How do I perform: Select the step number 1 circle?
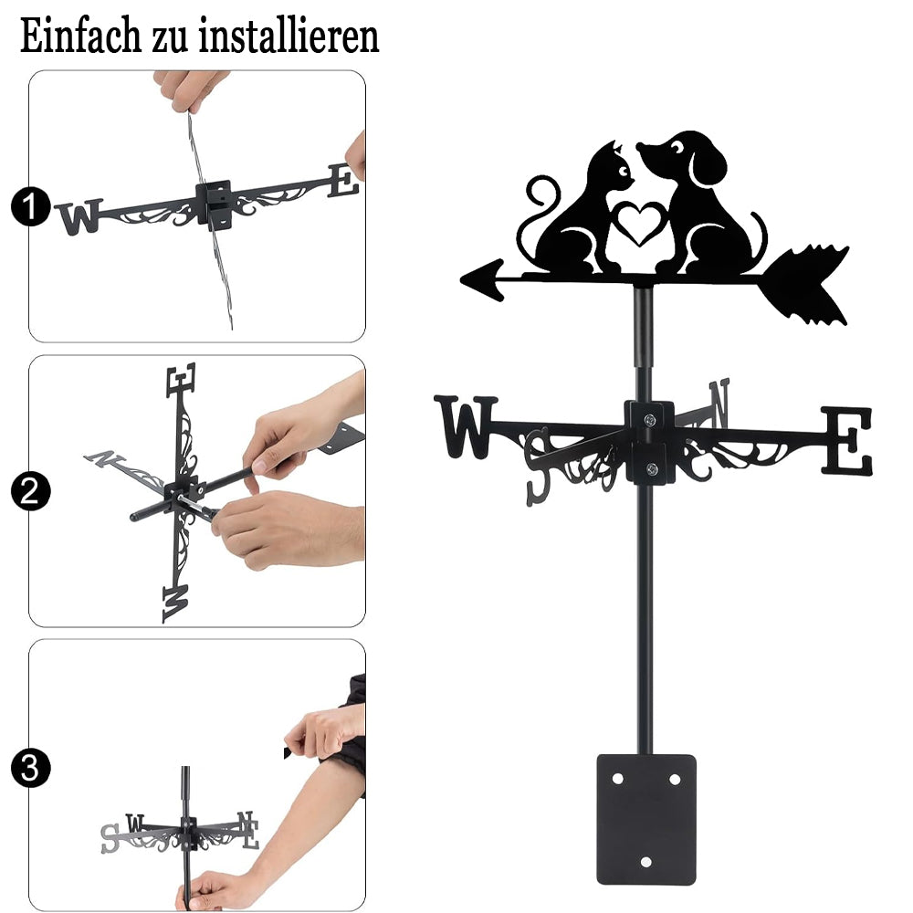point(30,206)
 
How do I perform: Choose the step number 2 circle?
point(30,491)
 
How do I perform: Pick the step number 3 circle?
point(30,769)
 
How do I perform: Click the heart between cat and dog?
point(640,223)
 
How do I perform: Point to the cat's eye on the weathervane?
point(624,172)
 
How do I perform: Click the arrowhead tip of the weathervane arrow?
point(461,280)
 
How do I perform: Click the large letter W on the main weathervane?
point(466,426)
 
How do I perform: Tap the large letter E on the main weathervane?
point(847,440)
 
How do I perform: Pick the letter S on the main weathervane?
point(538,467)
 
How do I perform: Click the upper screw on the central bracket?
point(649,419)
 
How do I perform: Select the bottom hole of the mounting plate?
point(645,862)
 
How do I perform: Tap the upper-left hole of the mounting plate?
point(617,779)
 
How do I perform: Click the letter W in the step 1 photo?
point(79,216)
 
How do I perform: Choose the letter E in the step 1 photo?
point(343,181)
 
